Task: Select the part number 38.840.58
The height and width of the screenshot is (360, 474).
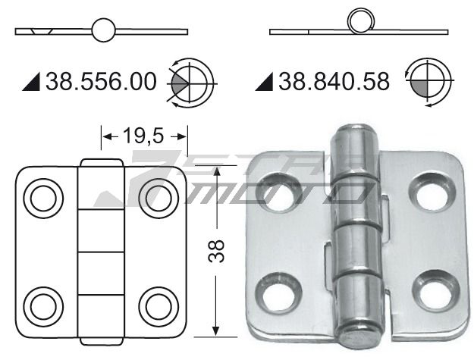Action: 334,80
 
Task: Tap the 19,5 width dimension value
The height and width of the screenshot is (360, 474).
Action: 144,136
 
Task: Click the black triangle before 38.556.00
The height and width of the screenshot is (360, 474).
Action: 33,81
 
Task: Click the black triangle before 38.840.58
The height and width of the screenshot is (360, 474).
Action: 265,81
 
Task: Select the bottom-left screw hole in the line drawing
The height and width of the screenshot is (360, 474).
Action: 44,305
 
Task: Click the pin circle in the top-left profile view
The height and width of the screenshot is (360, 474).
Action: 103,31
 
